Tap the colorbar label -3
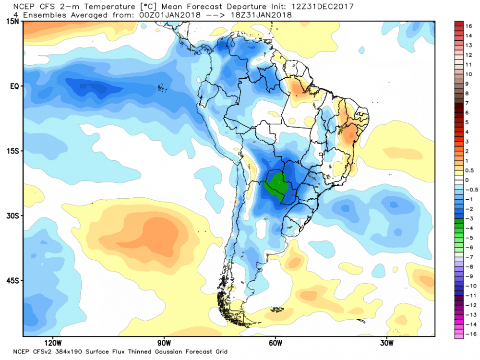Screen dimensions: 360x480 pyautogui.click(x=469, y=218)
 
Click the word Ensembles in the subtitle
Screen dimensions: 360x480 pyautogui.click(x=41, y=15)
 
